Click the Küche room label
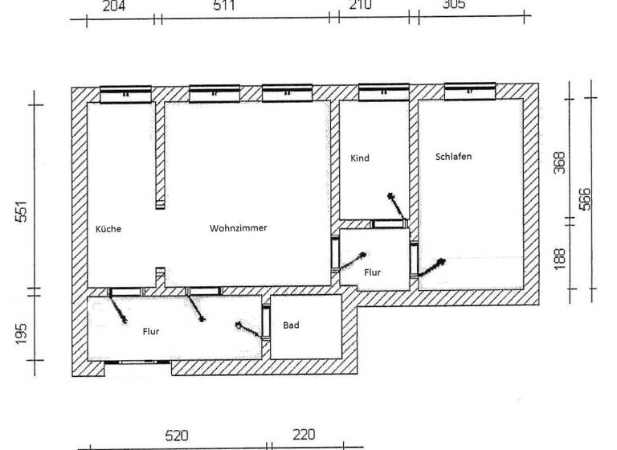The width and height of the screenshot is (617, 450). coord(108,229)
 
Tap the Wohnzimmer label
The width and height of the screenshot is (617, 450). coord(238,228)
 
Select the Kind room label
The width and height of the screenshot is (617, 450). coord(360,158)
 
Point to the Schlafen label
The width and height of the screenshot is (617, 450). coord(453,157)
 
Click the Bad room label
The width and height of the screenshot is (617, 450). coord(291,325)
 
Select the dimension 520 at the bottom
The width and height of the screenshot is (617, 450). coord(177,436)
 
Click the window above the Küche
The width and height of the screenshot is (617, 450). coord(126,94)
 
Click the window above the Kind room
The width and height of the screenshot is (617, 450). coord(383,93)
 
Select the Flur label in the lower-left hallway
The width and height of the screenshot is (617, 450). coord(151,331)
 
